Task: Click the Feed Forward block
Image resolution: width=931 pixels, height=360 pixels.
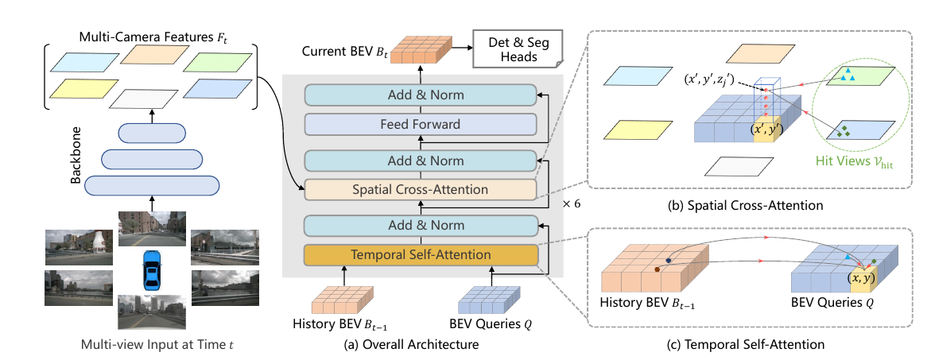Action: pos(421,125)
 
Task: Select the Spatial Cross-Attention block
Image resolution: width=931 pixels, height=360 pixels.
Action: pos(421,190)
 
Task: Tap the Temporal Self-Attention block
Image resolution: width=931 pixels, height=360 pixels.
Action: pos(421,255)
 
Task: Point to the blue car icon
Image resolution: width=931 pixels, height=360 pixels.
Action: pos(152,270)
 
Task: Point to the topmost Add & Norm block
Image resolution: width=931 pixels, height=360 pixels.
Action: pos(421,95)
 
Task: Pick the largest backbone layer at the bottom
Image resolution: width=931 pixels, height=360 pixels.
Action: pos(152,186)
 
